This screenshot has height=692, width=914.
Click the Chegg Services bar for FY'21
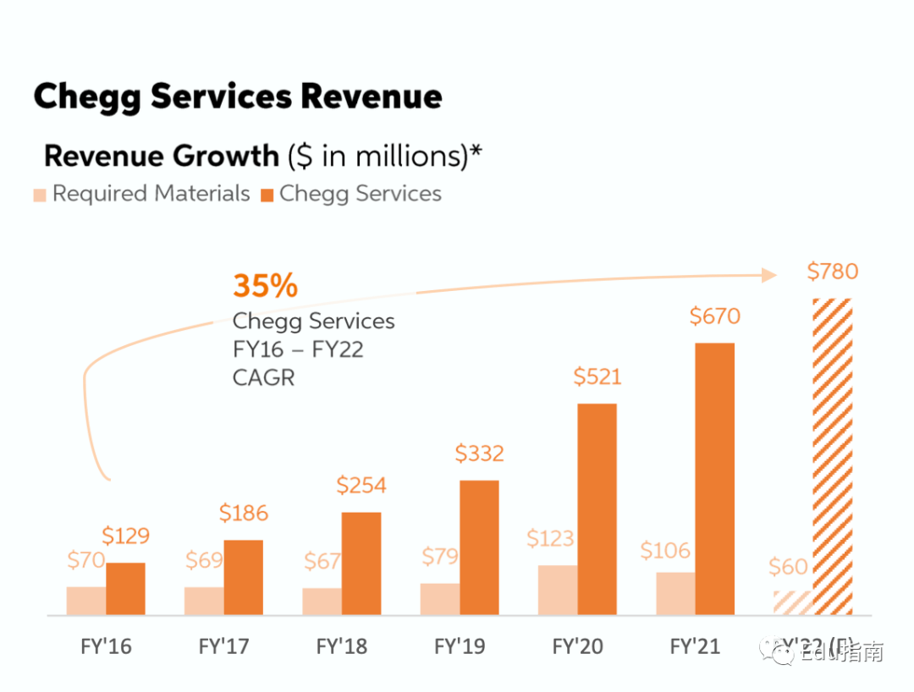714,479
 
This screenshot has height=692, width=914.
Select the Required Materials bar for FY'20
558,590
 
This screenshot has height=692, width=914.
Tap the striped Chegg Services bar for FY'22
832,457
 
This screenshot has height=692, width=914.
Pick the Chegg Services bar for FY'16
125,589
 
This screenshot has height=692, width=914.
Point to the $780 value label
832,272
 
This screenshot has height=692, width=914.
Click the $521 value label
597,376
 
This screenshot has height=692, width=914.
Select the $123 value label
550,539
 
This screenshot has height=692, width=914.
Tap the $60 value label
788,567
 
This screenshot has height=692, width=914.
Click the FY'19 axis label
460,647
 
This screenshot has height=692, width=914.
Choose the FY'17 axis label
223,647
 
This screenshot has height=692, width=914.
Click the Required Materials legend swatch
40,195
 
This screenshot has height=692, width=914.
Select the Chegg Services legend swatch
267,195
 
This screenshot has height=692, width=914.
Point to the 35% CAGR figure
265,286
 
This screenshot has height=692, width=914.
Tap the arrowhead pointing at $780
768,274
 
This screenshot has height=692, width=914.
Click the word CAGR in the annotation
263,377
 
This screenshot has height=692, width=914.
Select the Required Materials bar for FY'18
322,601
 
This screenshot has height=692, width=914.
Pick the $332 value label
479,453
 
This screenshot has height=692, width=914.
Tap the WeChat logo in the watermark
772,651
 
